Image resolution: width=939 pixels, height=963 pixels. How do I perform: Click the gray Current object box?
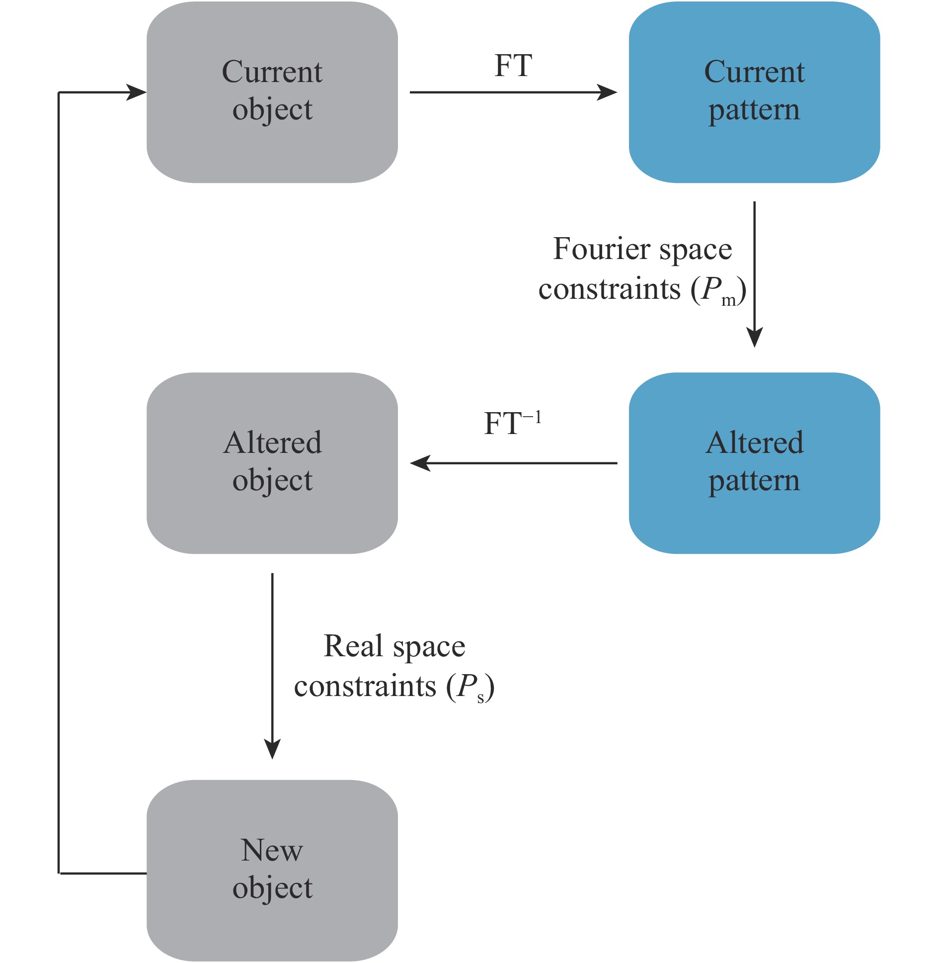pos(272,144)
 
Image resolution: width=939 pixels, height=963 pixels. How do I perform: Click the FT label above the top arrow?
pos(513,66)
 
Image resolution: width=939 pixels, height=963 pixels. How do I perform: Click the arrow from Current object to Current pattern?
pos(512,92)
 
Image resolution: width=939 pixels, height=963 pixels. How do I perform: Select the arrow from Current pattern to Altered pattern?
pos(754,273)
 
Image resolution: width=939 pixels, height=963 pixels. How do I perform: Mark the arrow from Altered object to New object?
pos(272,666)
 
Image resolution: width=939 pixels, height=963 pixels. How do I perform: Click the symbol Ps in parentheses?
pos(469,688)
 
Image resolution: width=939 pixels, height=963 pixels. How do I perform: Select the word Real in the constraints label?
pos(353,646)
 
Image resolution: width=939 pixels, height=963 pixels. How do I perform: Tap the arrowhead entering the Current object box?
pos(136,92)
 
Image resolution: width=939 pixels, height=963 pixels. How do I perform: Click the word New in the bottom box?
pos(272,851)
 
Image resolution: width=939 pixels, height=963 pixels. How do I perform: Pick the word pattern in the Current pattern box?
pos(754,110)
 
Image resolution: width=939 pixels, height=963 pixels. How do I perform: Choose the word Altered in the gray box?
pos(272,442)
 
